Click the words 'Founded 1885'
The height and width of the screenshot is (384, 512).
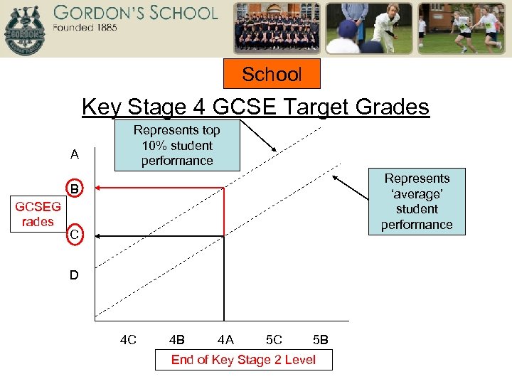(85, 28)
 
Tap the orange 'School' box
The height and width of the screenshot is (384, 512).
(272, 74)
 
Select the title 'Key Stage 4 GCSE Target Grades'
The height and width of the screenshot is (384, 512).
(255, 107)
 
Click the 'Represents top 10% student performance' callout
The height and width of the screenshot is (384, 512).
(177, 145)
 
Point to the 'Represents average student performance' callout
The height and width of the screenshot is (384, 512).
(417, 201)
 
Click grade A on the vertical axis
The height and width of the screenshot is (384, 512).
(75, 155)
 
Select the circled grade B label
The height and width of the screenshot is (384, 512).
(74, 189)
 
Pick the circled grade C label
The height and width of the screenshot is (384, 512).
(74, 233)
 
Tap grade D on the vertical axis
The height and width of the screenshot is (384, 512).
(75, 274)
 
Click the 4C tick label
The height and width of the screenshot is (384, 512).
(128, 340)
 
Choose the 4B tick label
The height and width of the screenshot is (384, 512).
(177, 340)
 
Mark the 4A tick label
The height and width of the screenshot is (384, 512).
(225, 340)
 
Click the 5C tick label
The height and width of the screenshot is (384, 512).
(273, 340)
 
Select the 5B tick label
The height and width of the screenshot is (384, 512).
(320, 340)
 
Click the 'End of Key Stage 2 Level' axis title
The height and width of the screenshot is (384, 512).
(243, 360)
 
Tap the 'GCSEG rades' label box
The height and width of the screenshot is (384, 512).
(38, 214)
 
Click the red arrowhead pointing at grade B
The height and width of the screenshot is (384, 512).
(99, 188)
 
